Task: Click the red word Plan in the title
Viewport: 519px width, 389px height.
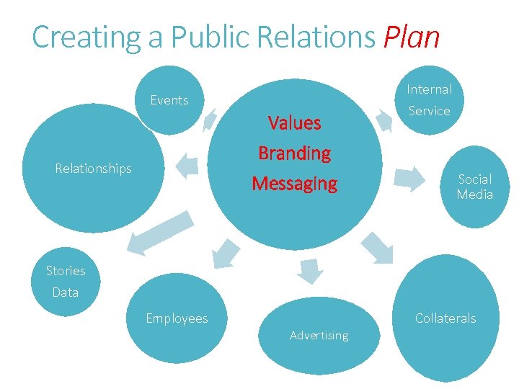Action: [x=412, y=37]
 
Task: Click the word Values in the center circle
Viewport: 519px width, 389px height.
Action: [x=294, y=123]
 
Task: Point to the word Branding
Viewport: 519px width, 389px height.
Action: [x=294, y=153]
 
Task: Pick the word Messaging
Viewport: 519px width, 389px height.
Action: [x=294, y=184]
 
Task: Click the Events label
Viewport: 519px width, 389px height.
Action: [x=169, y=100]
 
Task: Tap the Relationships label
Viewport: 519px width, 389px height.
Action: [x=94, y=169]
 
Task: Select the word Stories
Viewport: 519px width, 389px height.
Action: [x=66, y=271]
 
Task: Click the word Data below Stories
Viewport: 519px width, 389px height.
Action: [x=66, y=292]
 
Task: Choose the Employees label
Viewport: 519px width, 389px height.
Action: [x=177, y=318]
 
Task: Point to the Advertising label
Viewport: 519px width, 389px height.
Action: [x=319, y=336]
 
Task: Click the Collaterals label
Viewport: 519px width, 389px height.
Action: [x=445, y=318]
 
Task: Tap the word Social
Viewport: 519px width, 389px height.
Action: [x=475, y=179]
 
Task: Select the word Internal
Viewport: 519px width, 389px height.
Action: [x=430, y=89]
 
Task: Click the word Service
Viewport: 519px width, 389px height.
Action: [x=430, y=111]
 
